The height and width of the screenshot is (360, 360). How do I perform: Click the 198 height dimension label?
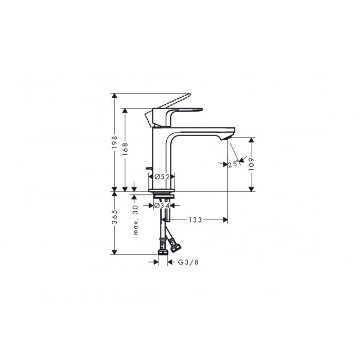click(115, 142)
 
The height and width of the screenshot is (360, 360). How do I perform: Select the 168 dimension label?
click(125, 149)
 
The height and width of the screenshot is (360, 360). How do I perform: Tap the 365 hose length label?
click(115, 217)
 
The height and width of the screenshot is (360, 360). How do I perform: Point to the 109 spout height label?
click(251, 164)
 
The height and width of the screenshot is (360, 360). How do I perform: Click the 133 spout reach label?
click(196, 220)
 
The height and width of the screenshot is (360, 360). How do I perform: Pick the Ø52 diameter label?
click(162, 177)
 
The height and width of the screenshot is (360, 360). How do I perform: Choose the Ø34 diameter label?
click(162, 206)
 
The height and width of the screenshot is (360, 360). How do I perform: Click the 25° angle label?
click(233, 164)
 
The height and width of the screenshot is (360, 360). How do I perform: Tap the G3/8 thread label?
click(188, 262)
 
